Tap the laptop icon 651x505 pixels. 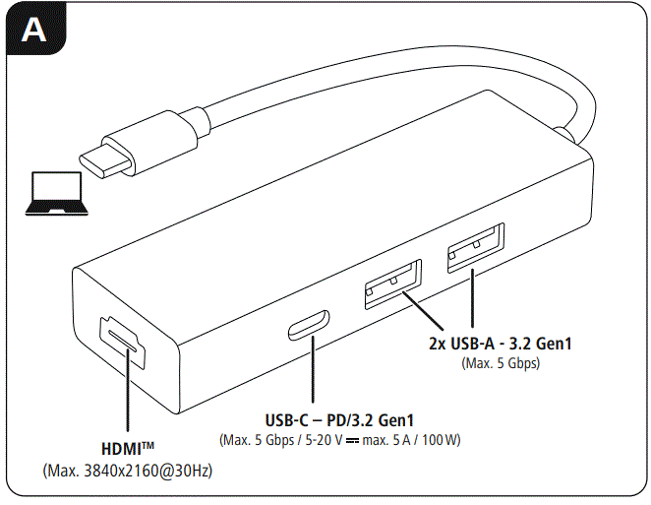pyautogui.click(x=60, y=193)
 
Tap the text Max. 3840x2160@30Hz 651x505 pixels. pyautogui.click(x=128, y=472)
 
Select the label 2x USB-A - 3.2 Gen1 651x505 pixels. pyautogui.click(x=501, y=344)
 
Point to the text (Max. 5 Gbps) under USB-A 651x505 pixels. pyautogui.click(x=501, y=363)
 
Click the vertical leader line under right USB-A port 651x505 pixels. pyautogui.click(x=473, y=300)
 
